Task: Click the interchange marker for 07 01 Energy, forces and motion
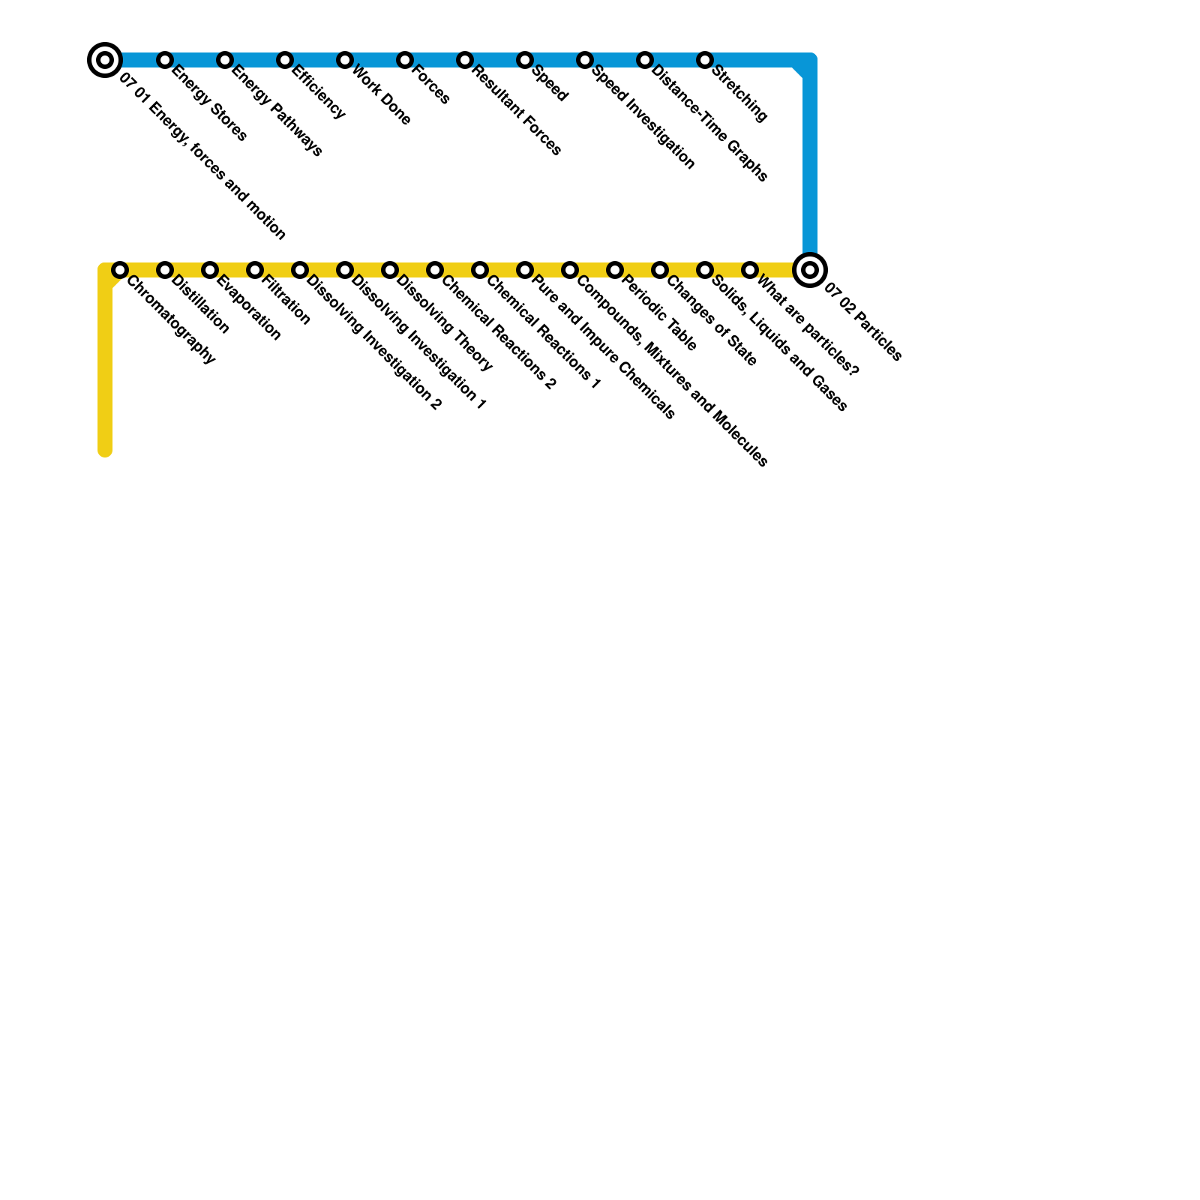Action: pyautogui.click(x=105, y=59)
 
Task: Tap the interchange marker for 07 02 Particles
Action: pyautogui.click(x=809, y=269)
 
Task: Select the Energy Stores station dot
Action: pyautogui.click(x=165, y=59)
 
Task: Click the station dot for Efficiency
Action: pyautogui.click(x=285, y=59)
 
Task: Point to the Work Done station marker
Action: pyautogui.click(x=345, y=59)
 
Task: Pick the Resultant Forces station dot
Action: pyautogui.click(x=465, y=59)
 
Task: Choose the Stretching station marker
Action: pyautogui.click(x=705, y=59)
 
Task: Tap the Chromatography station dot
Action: pyautogui.click(x=120, y=269)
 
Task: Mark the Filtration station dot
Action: pyautogui.click(x=255, y=269)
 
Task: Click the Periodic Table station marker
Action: pyautogui.click(x=615, y=269)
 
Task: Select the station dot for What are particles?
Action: pyautogui.click(x=750, y=269)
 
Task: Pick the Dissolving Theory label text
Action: pyautogui.click(x=444, y=323)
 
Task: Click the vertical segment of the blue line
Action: pyautogui.click(x=809, y=157)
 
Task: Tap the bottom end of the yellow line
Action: pyautogui.click(x=105, y=451)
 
